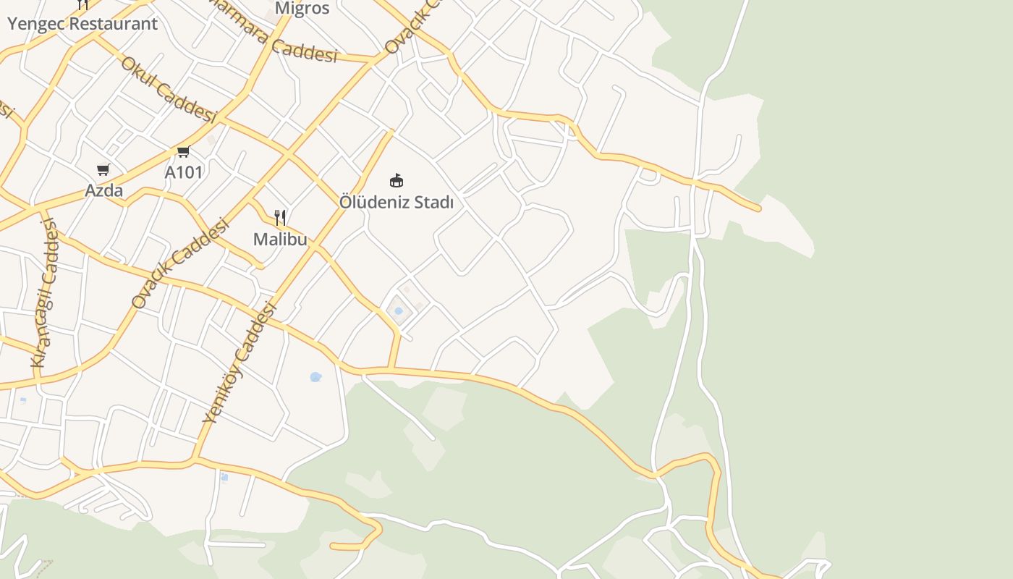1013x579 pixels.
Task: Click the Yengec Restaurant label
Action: tap(82, 23)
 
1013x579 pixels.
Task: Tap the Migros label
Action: tap(302, 8)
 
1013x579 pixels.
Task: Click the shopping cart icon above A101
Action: tap(183, 151)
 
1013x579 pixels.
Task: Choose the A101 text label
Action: tap(184, 172)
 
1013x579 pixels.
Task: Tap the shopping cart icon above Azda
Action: tap(103, 169)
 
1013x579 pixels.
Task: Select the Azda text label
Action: tap(104, 190)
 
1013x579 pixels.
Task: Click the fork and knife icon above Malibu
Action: tap(280, 217)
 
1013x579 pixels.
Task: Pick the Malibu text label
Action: tap(280, 239)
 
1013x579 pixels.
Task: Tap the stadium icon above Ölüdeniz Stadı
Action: tap(397, 180)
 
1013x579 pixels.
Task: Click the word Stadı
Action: tap(433, 202)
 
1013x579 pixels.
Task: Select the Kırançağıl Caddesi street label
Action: tap(45, 293)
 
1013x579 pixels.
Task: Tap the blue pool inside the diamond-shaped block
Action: tap(399, 311)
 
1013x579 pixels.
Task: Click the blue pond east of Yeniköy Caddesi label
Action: tap(315, 376)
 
